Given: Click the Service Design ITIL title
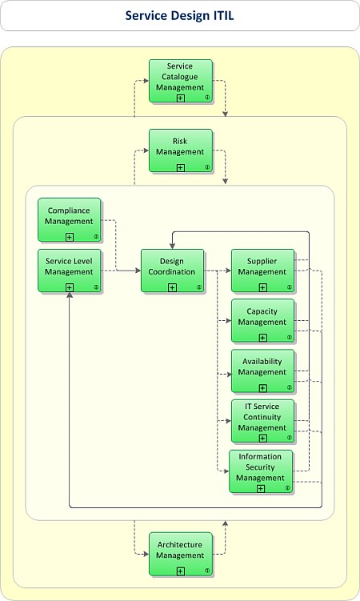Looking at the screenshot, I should tap(179, 15).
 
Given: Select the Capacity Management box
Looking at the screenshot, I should tap(262, 320).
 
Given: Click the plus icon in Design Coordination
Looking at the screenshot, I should tap(172, 287).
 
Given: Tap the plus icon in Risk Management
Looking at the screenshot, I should tap(181, 167).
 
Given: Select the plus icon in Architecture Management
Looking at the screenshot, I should tap(181, 571).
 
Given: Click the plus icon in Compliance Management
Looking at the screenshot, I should tap(70, 236).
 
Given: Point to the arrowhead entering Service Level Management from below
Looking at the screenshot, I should tap(70, 296).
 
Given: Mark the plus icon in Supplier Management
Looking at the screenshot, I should tap(262, 287).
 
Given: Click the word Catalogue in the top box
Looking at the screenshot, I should tap(181, 77).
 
